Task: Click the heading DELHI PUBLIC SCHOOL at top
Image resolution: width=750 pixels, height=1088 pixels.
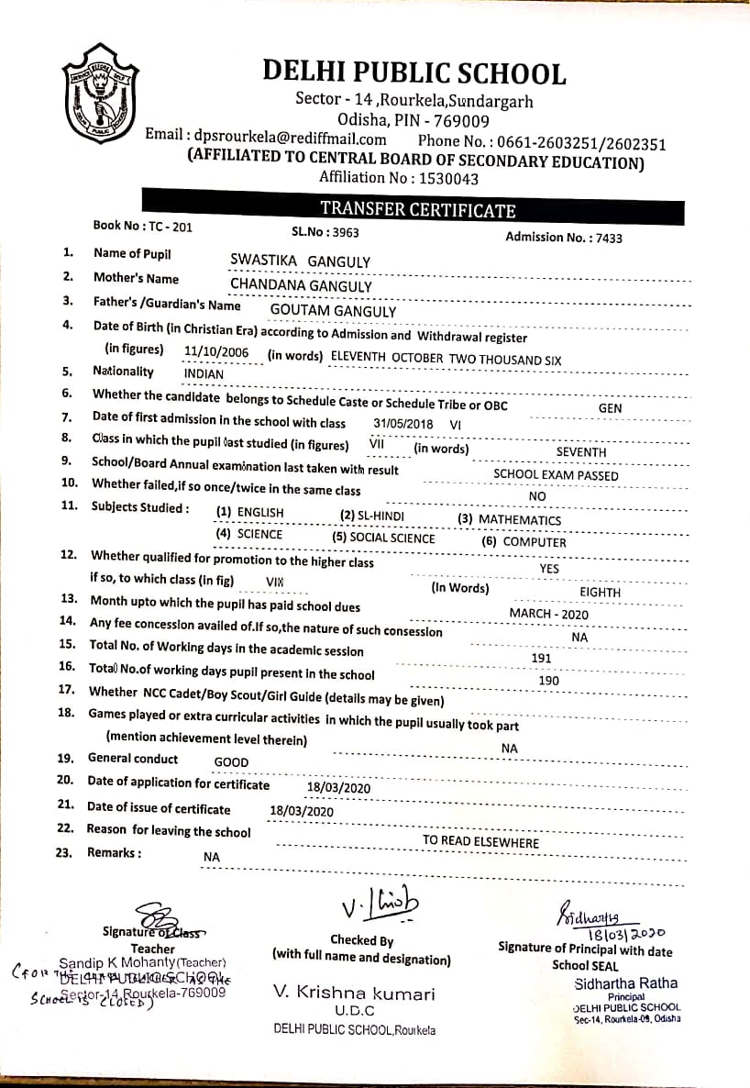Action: tap(414, 72)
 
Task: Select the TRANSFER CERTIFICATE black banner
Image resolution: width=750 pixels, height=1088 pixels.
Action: tap(418, 210)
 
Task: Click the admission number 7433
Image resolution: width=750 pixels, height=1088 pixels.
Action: tap(608, 238)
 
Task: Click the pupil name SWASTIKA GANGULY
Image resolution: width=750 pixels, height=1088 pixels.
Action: tap(301, 261)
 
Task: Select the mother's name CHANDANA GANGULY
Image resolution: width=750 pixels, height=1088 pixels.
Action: tap(301, 286)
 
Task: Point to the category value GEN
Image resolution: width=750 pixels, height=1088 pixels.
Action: tap(610, 408)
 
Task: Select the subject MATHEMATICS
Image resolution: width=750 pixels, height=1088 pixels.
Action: tap(520, 520)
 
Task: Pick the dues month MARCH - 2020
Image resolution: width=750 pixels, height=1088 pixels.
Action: tap(549, 614)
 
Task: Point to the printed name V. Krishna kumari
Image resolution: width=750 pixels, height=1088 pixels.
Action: tap(354, 993)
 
